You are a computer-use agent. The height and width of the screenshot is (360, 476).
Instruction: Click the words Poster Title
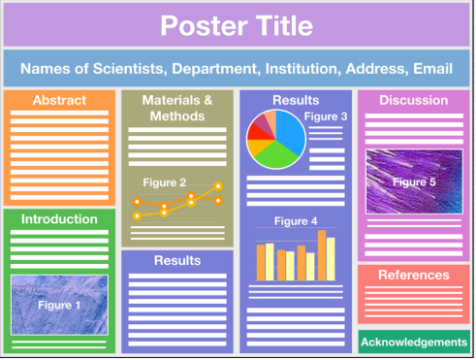point(237,24)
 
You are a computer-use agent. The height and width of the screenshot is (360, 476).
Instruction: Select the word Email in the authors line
point(432,69)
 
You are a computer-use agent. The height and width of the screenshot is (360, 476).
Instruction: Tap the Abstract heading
point(59,100)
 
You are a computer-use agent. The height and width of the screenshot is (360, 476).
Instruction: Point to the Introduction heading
point(59,219)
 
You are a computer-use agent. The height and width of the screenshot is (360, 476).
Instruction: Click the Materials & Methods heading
point(176,108)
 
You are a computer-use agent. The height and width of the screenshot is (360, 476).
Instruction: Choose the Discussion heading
point(414,100)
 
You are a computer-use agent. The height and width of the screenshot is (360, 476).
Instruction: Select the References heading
point(414,275)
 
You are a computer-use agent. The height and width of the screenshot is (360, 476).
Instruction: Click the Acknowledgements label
point(414,342)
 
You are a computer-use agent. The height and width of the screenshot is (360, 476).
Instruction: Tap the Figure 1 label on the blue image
point(59,304)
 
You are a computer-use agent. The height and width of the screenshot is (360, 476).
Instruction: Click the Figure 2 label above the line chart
point(164,182)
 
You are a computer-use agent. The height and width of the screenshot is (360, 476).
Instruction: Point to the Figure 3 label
point(326,117)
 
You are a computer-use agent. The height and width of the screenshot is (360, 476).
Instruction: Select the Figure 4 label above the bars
point(296,221)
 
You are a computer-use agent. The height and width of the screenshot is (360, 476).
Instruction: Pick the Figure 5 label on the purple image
point(414,180)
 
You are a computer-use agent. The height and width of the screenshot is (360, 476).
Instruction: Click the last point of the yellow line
point(219,185)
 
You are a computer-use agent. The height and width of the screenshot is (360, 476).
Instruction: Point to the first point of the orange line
point(138,215)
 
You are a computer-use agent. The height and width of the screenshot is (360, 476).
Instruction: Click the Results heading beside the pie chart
point(289,100)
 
